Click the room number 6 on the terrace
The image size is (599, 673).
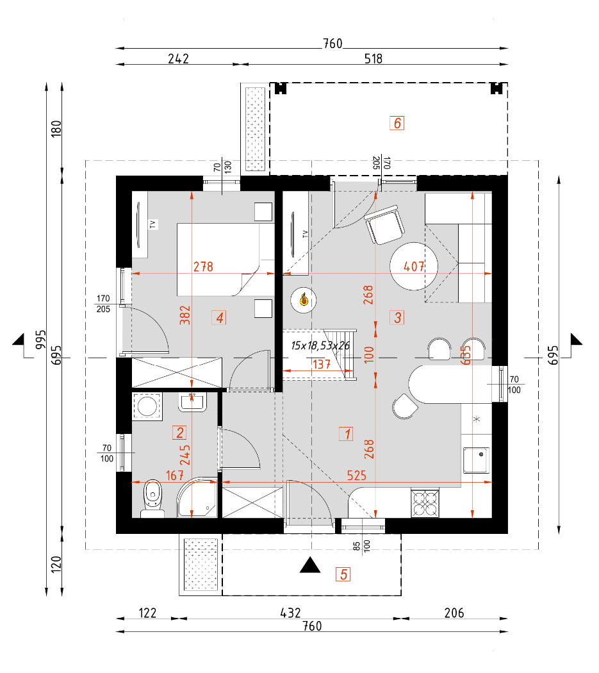(x=397, y=123)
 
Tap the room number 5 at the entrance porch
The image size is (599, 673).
(x=344, y=574)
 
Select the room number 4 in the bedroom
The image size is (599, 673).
(x=220, y=317)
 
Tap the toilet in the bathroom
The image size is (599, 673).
(x=152, y=498)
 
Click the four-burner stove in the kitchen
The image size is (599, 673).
(x=425, y=503)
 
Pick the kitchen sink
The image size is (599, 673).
(x=477, y=460)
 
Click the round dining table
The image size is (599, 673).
(x=414, y=266)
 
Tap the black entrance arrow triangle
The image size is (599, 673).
(x=311, y=565)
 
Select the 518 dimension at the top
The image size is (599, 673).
(x=373, y=59)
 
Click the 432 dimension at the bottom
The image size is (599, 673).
(x=291, y=613)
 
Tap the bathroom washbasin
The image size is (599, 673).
(x=192, y=402)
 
